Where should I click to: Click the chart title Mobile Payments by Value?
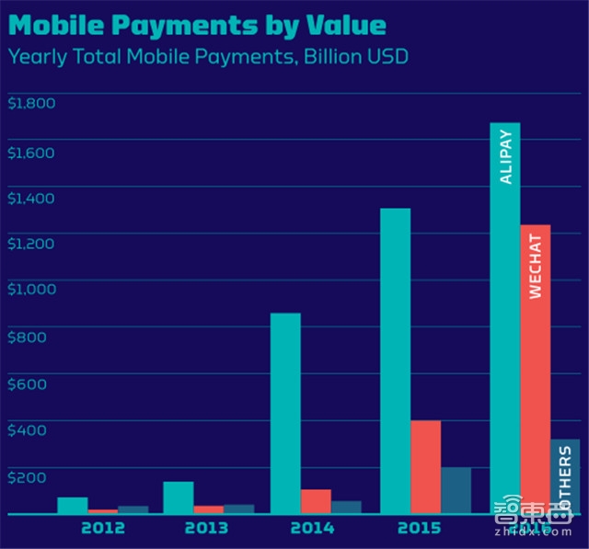point(197,22)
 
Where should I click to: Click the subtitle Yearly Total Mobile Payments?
point(208,56)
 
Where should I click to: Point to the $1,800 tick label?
point(31,102)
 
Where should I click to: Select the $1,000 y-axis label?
point(31,289)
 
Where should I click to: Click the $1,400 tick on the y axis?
point(31,198)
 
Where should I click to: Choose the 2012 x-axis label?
point(103,529)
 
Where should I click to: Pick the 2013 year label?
point(206,529)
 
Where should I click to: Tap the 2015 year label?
point(420,529)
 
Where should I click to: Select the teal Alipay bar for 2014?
point(285,414)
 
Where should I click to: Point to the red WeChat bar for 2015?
point(426,467)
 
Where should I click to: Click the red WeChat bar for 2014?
point(316,502)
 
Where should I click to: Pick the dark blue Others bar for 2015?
point(456,491)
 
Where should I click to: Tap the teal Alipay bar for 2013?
point(179,498)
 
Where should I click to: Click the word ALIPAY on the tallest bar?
point(506,155)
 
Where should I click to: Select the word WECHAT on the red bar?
point(536,266)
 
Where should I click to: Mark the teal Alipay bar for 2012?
point(73,506)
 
